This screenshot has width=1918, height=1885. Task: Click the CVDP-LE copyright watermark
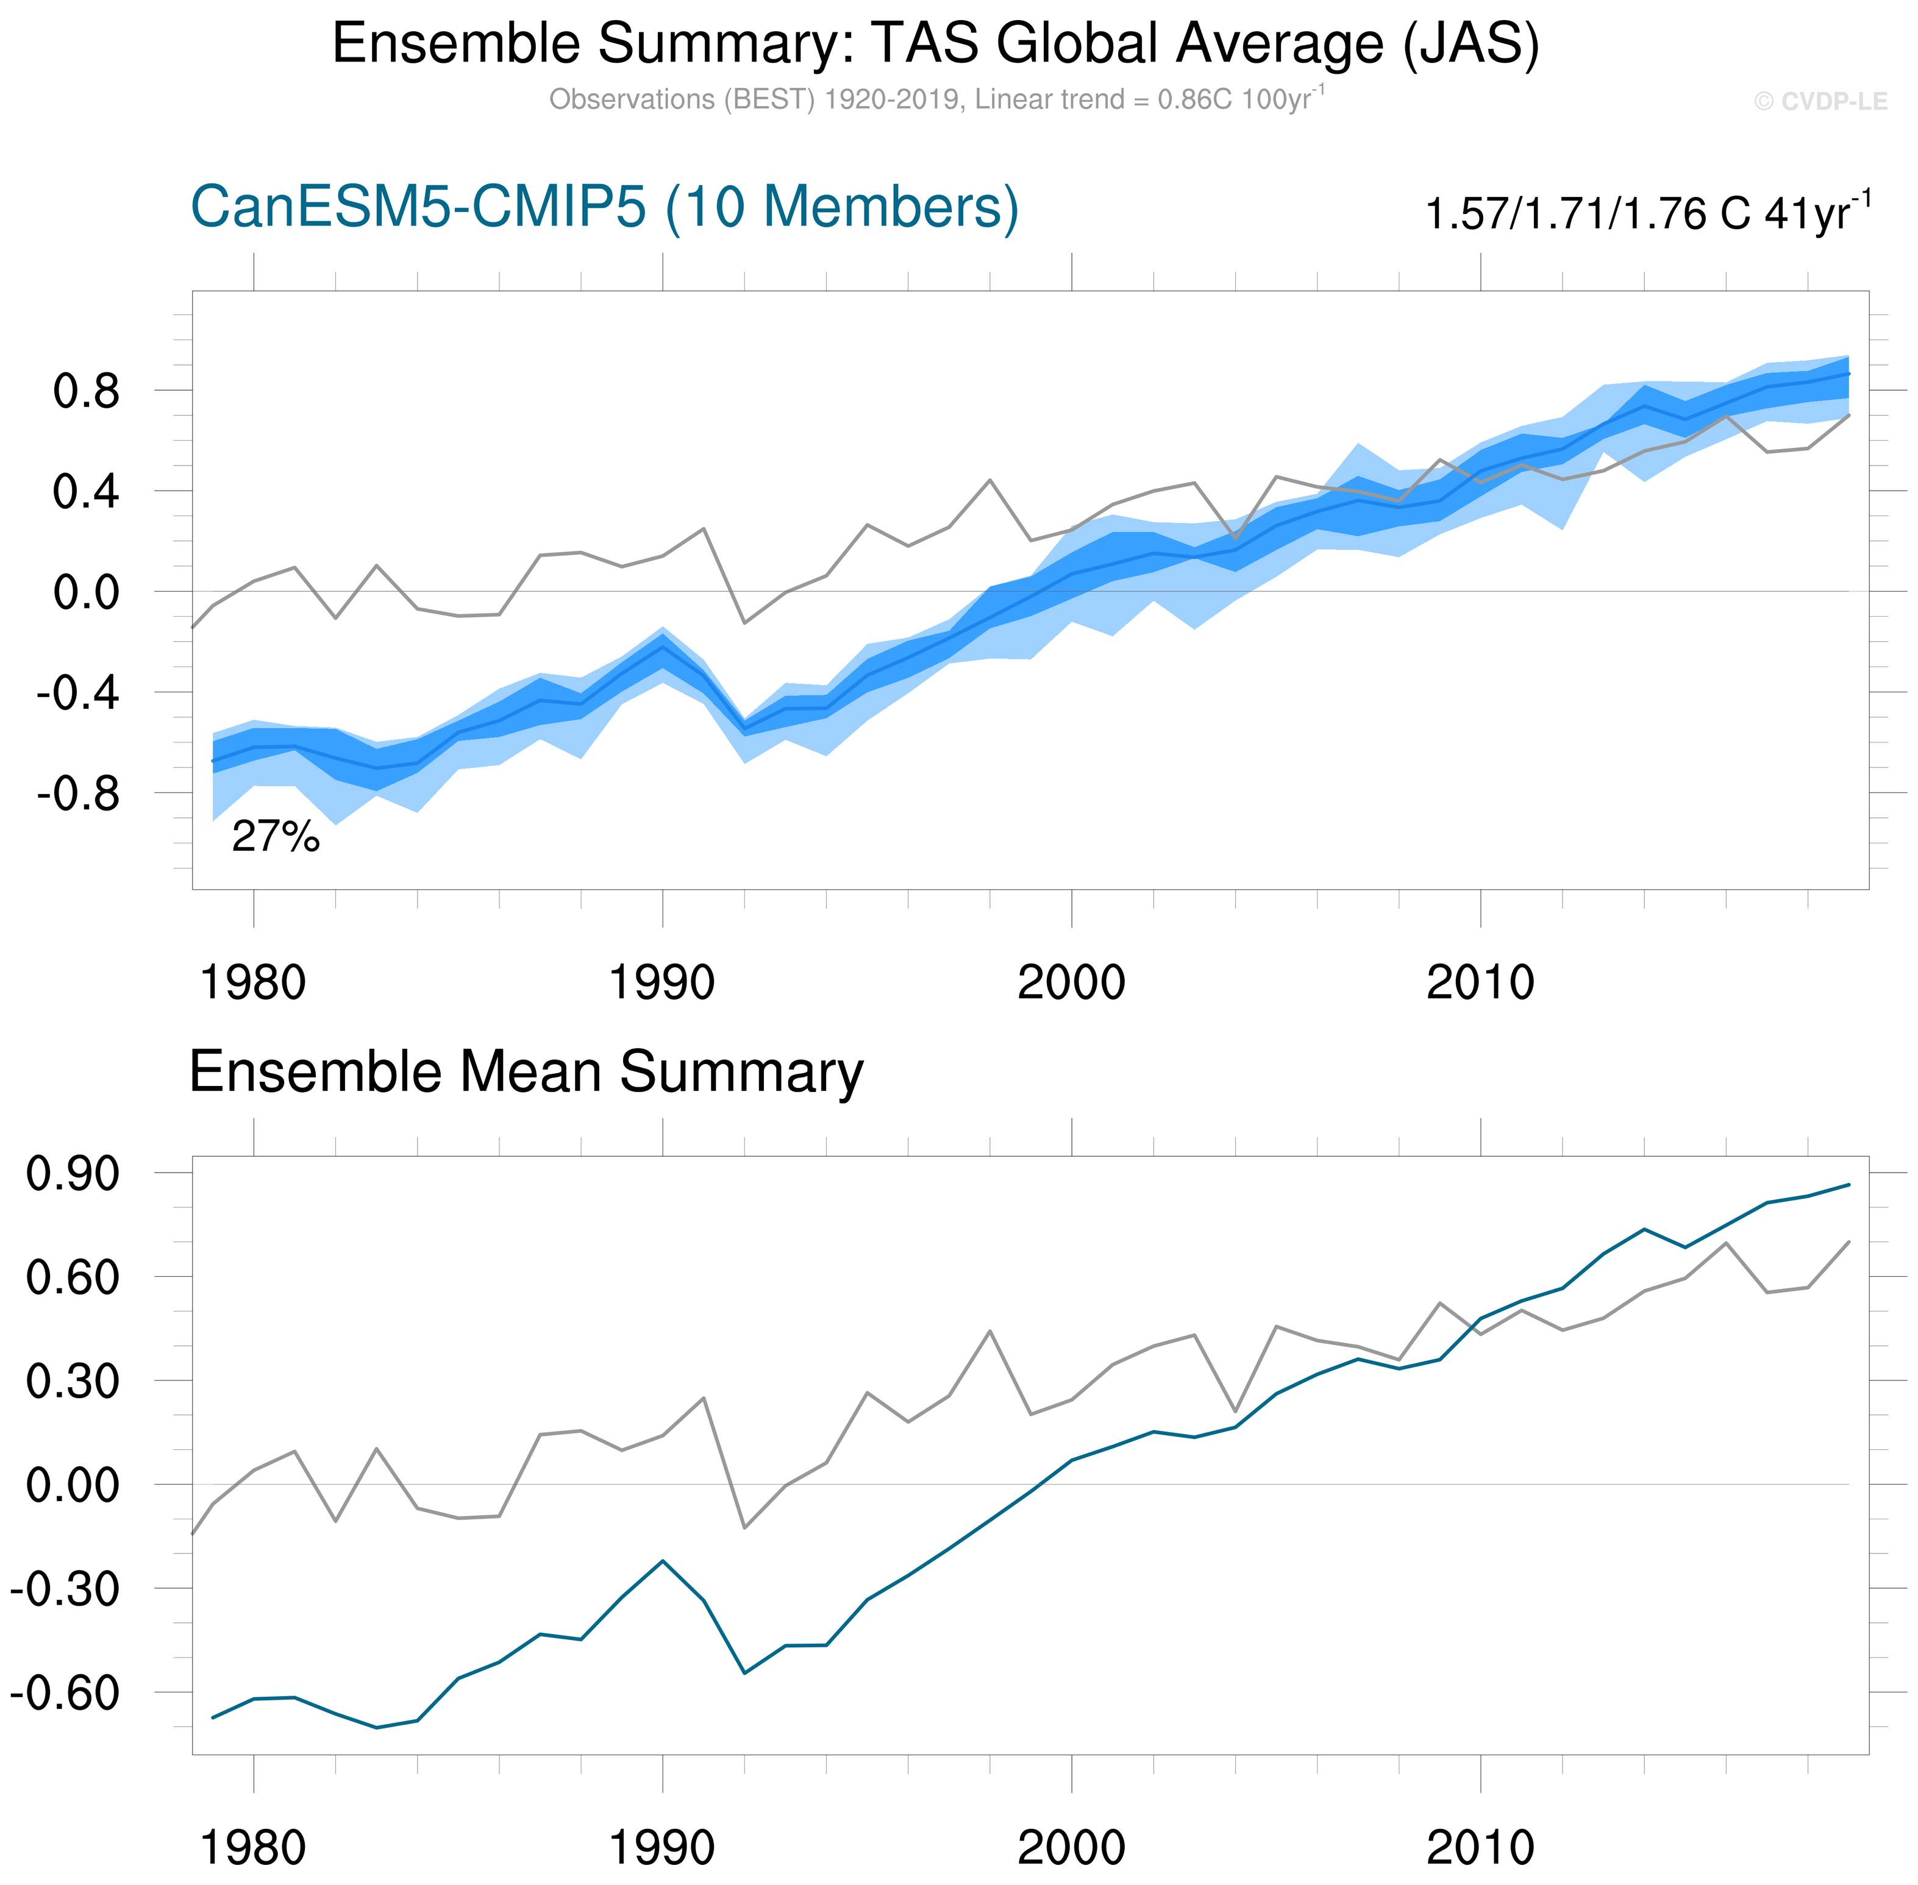coord(1820,102)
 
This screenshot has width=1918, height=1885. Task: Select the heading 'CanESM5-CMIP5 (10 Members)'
coord(604,208)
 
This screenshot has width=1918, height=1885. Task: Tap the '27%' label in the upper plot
coord(276,837)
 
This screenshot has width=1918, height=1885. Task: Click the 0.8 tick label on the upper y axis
coord(86,392)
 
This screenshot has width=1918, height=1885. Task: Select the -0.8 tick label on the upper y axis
coord(78,794)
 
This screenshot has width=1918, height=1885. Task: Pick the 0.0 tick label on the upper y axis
coord(86,593)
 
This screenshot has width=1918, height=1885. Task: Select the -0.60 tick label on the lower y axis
coord(65,1694)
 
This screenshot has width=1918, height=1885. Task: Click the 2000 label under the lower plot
coord(1071,1848)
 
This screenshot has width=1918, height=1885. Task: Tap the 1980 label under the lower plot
coord(252,1848)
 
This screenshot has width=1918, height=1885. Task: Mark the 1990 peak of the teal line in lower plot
coord(663,1561)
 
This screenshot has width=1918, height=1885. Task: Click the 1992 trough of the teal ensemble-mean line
coord(744,1673)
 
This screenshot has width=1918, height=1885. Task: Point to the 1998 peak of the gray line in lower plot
coord(989,1332)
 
